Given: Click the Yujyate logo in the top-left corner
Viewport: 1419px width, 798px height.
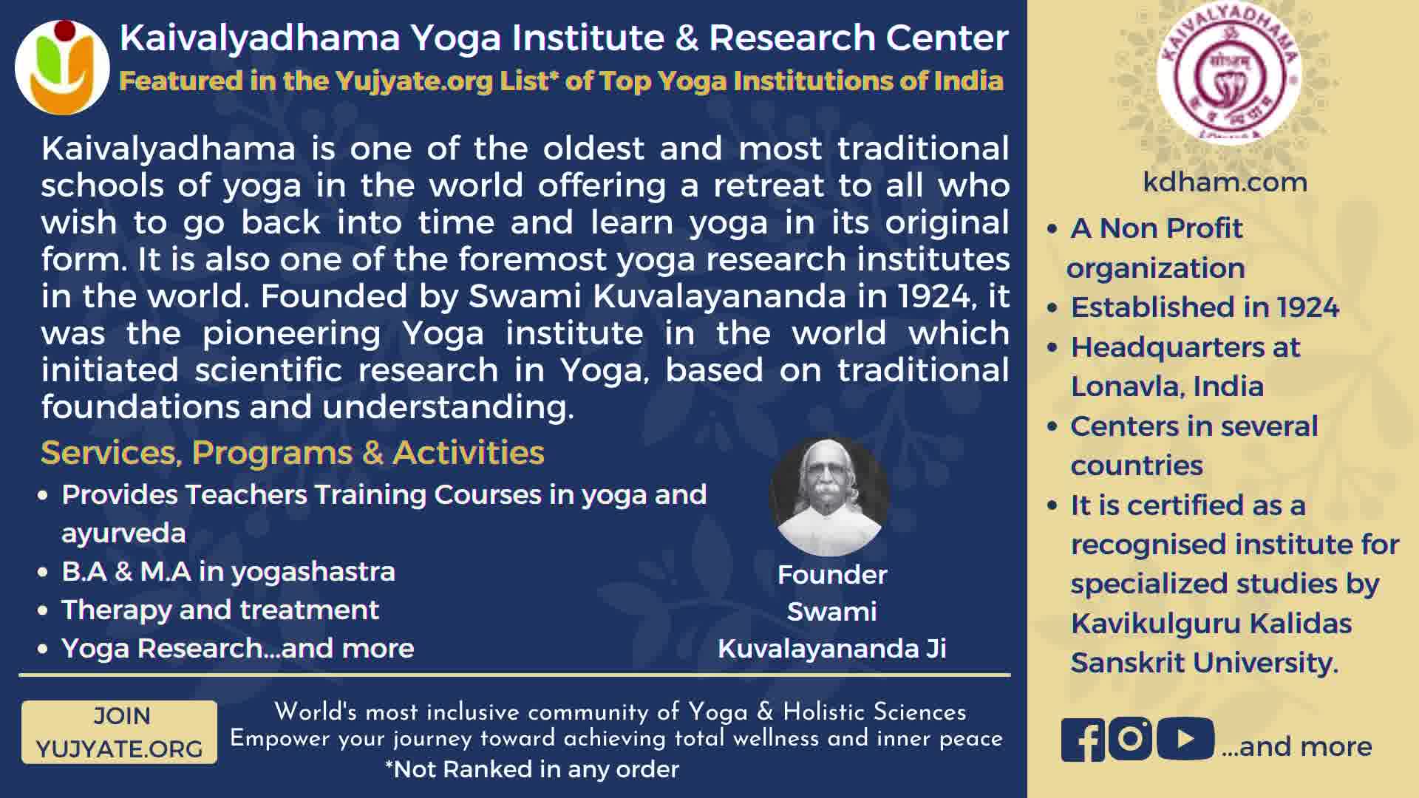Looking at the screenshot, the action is (x=62, y=66).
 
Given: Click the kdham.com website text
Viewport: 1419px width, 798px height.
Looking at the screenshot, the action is (x=1225, y=182).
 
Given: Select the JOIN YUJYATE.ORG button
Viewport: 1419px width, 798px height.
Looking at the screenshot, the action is (x=119, y=732).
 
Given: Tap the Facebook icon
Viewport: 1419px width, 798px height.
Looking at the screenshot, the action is (x=1083, y=739).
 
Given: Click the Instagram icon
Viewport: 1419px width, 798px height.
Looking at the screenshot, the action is (x=1130, y=739).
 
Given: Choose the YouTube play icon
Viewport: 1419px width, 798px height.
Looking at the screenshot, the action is (x=1185, y=739).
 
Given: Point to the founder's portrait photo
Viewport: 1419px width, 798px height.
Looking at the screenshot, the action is (x=829, y=497).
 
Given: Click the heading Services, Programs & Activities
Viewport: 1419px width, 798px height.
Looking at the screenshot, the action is (x=293, y=453).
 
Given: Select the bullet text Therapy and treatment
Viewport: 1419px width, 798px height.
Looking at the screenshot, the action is (x=220, y=610).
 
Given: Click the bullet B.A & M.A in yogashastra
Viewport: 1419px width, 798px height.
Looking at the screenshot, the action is (x=228, y=571).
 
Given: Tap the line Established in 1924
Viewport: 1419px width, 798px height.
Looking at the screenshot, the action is (x=1205, y=307).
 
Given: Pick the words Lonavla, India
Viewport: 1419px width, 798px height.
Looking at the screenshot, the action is (x=1167, y=386).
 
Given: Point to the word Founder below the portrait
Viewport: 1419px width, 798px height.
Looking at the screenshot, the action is (x=832, y=574).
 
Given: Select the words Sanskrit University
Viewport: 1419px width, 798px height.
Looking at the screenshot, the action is (x=1205, y=663).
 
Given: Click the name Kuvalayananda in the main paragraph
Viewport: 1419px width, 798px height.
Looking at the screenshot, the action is (x=719, y=296).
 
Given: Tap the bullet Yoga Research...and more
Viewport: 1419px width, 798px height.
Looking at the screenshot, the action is (x=238, y=648).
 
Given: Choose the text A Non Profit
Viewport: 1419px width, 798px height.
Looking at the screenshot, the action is (x=1157, y=228).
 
